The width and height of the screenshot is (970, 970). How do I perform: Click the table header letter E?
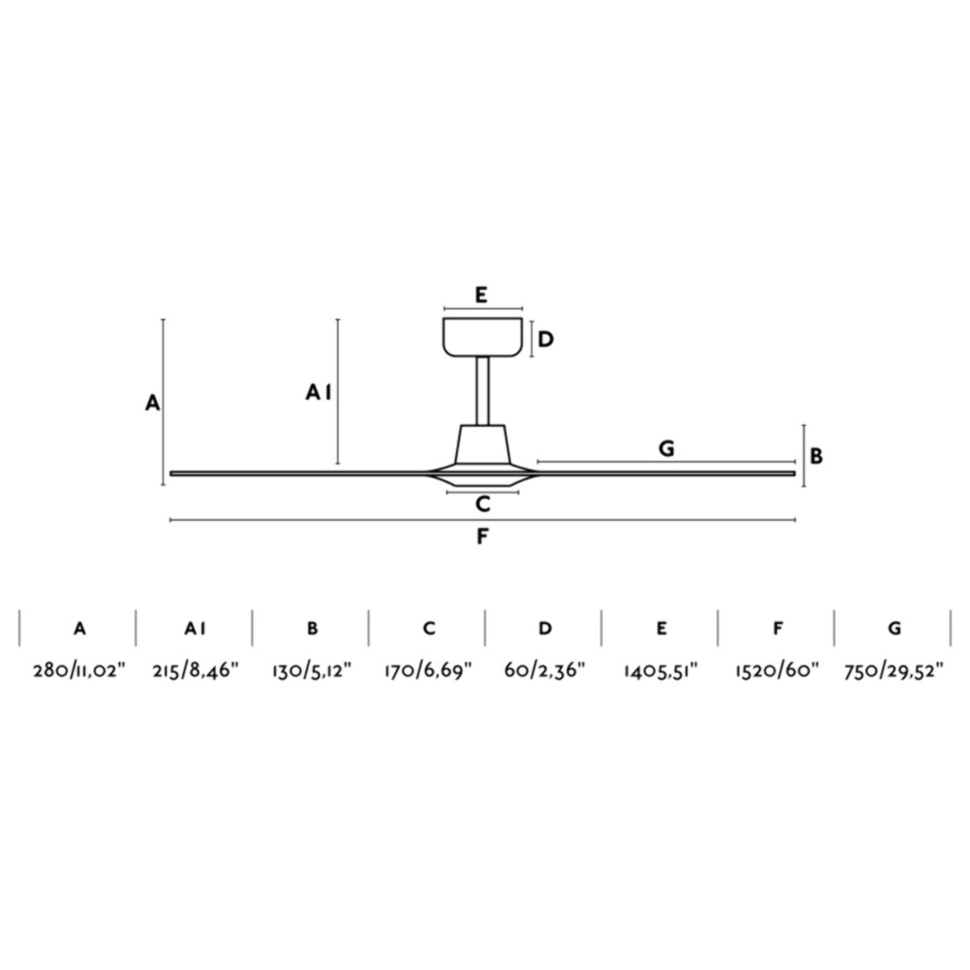[661, 628]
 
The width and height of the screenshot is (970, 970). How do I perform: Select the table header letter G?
[894, 628]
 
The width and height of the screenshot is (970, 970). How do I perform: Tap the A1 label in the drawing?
[318, 392]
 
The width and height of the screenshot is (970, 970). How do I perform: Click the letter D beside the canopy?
[545, 340]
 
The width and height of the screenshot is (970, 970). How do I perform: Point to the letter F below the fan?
[482, 537]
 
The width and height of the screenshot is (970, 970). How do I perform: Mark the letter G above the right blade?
[666, 449]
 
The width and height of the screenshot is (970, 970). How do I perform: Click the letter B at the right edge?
[817, 457]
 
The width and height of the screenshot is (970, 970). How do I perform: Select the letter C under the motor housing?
[483, 504]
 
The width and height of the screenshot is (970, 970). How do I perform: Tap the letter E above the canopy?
[481, 295]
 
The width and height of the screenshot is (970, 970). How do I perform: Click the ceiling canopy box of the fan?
[483, 337]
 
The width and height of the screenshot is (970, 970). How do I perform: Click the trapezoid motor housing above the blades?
[483, 444]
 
